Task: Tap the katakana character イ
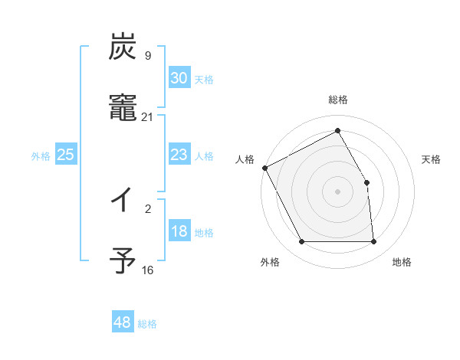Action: click(122, 202)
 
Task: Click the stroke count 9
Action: click(148, 55)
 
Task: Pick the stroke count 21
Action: click(148, 117)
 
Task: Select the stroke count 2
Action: click(148, 207)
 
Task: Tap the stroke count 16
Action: click(148, 270)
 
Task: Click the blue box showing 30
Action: click(179, 78)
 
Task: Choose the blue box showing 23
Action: click(179, 155)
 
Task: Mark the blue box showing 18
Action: click(179, 231)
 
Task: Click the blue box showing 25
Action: click(66, 155)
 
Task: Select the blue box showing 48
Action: click(123, 322)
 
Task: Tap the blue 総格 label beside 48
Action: click(147, 324)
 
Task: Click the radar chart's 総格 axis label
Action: click(338, 100)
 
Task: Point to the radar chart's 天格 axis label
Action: click(432, 159)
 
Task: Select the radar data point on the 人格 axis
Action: click(265, 168)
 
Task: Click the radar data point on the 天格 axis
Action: click(367, 182)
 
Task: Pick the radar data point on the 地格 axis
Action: click(374, 242)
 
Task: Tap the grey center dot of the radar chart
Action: click(338, 191)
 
